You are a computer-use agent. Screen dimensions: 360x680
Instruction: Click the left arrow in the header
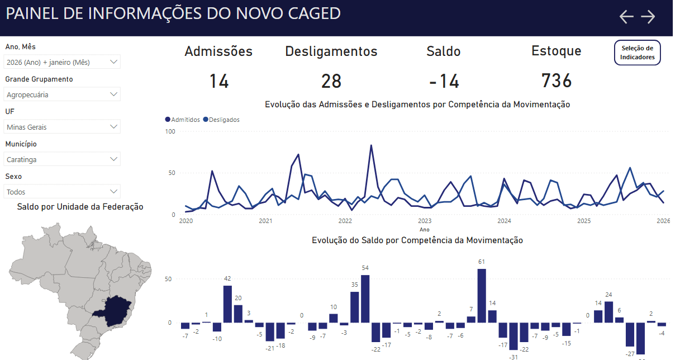tap(626, 17)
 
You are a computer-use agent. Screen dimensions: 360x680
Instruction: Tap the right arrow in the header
tap(648, 17)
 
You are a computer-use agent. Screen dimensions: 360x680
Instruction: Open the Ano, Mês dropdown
tap(62, 62)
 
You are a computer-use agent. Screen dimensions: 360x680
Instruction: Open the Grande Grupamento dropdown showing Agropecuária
tap(62, 94)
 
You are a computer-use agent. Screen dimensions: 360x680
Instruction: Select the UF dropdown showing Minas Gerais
tap(62, 127)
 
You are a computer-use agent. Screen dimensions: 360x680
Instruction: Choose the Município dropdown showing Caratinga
tap(62, 159)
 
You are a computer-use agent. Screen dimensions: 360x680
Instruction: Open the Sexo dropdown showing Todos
tap(62, 192)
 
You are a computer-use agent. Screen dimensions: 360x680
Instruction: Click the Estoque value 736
tap(556, 81)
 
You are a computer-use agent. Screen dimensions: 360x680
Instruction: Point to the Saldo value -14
tap(444, 82)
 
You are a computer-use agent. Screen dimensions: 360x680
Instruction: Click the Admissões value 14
tap(218, 82)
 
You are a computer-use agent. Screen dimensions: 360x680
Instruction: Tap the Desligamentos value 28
tap(331, 82)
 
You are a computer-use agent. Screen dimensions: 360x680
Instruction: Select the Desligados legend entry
tap(221, 120)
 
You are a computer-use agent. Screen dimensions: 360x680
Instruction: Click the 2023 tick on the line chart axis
tap(425, 221)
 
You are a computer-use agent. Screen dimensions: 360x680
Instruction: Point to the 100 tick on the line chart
tap(170, 131)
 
